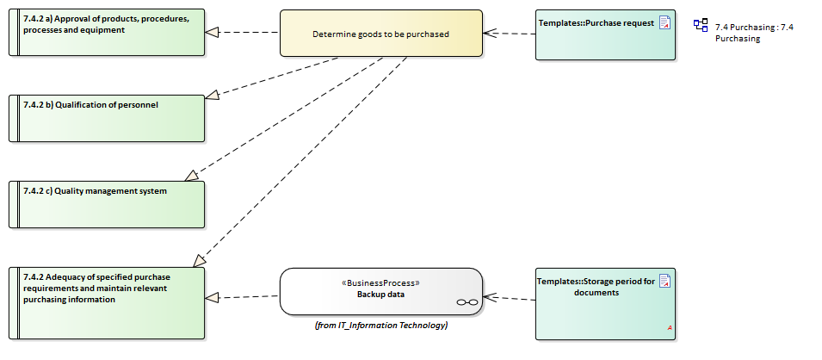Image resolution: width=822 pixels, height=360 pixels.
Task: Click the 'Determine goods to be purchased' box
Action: click(x=380, y=34)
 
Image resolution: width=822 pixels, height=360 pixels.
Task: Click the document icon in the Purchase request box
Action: click(x=665, y=22)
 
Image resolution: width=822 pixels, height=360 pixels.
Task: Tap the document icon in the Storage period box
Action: click(x=665, y=280)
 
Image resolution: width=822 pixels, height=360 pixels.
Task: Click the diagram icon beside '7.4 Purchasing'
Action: click(x=701, y=25)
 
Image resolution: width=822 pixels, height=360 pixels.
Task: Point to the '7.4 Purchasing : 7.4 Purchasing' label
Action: click(x=754, y=33)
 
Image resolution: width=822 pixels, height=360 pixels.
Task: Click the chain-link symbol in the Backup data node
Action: click(x=467, y=302)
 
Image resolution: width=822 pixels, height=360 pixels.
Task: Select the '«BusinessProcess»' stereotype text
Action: click(x=380, y=282)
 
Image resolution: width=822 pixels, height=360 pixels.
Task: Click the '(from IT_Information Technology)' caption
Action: click(x=380, y=325)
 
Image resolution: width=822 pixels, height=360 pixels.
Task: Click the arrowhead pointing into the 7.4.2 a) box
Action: click(x=212, y=32)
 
